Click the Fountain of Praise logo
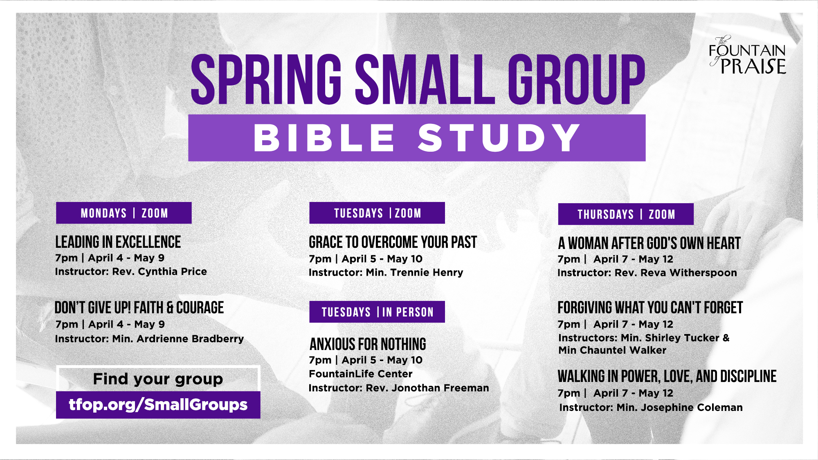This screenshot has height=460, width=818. coord(747,55)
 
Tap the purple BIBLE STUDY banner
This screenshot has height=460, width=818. coord(417,138)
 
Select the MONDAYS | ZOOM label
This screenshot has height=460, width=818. coord(124,213)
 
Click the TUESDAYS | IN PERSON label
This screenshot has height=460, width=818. coord(377,312)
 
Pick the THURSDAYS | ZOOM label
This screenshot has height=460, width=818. coord(626,214)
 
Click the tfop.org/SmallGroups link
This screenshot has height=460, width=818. coord(158,405)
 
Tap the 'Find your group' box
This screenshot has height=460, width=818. coord(158,379)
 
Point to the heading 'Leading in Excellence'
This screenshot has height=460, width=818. coord(118,242)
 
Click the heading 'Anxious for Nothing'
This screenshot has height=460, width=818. coord(368,344)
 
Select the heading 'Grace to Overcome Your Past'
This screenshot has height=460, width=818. coord(393,242)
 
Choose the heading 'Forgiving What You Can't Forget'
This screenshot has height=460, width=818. coord(650,307)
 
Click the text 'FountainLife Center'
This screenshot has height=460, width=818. coord(360,374)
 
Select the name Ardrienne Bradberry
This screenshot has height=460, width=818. coord(190,339)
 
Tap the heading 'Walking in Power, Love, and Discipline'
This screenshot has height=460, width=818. coord(667,376)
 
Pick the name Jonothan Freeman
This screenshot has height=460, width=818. coord(440,388)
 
